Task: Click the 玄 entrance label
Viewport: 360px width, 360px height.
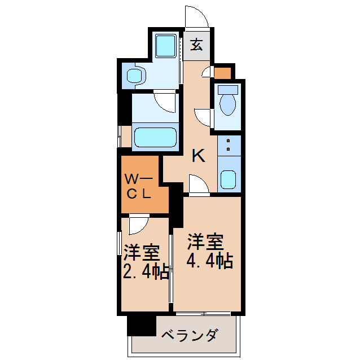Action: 196,45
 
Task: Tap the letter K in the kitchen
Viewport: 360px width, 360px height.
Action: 198,155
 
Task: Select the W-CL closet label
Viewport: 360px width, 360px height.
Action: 138,187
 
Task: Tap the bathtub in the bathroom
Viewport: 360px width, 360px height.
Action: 155,137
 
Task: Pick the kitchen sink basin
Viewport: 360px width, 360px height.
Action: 229,179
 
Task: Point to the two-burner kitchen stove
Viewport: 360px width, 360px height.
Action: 229,144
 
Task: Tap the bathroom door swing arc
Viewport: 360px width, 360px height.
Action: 166,101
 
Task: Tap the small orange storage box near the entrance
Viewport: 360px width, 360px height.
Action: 223,73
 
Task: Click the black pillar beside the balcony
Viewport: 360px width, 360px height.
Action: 141,327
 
